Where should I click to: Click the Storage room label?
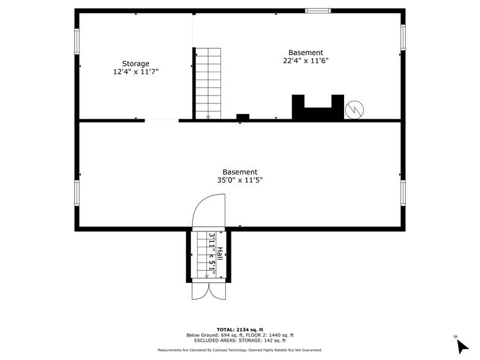[135, 64]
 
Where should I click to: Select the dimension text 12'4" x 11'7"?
[135, 72]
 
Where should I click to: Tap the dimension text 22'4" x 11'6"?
[306, 61]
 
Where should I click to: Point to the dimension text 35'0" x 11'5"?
[240, 181]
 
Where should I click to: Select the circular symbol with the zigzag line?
[354, 110]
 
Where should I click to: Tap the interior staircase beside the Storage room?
[208, 83]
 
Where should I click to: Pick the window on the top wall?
[318, 10]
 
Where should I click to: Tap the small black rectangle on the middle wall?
[242, 117]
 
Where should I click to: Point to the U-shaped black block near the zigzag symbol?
[318, 108]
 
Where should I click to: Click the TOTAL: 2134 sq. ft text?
[239, 330]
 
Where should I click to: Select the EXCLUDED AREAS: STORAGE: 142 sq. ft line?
[239, 340]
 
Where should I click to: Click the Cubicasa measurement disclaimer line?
[239, 350]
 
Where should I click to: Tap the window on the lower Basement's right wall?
[402, 192]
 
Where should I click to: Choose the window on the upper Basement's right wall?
[402, 37]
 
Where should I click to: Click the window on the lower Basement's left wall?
[77, 192]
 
